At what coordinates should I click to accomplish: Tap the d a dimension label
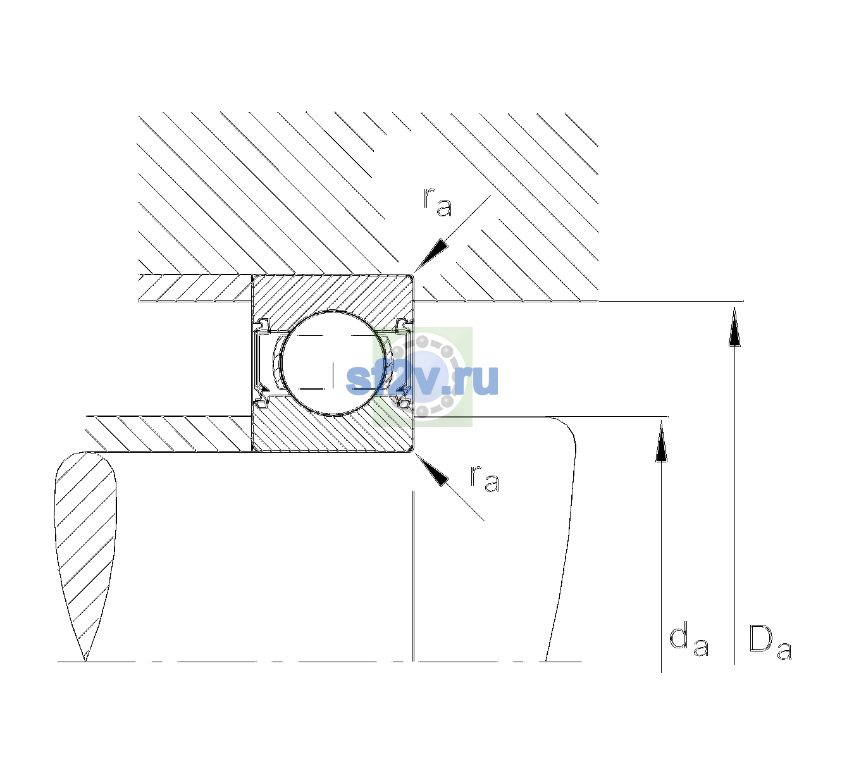click(689, 639)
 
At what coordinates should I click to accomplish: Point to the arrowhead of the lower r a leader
click(431, 469)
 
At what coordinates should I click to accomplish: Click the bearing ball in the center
click(333, 363)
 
